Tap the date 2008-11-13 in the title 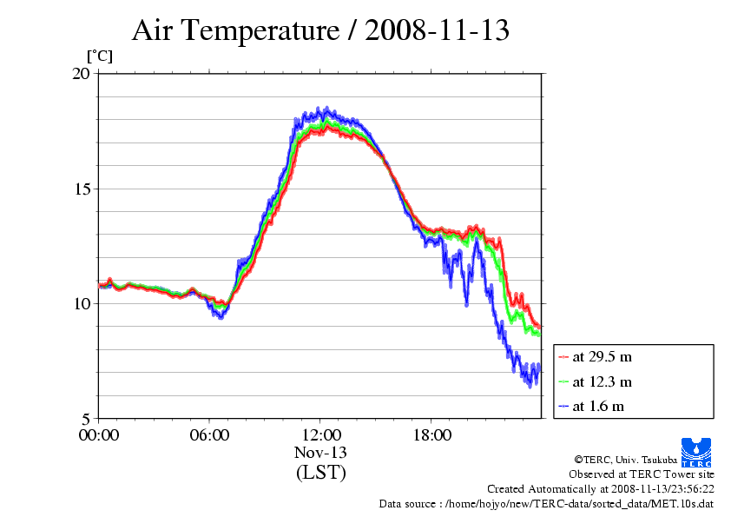[x=437, y=31]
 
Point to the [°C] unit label [x=100, y=56]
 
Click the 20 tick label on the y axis [x=80, y=74]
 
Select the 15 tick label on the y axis [x=80, y=189]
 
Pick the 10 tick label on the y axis [x=80, y=303]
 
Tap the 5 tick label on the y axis [x=85, y=418]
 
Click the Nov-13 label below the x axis [x=320, y=453]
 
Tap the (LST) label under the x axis [x=320, y=473]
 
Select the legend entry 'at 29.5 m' [x=602, y=357]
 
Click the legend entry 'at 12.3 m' [x=602, y=381]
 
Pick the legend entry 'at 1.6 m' [x=598, y=406]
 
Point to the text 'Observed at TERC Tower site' [x=642, y=474]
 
